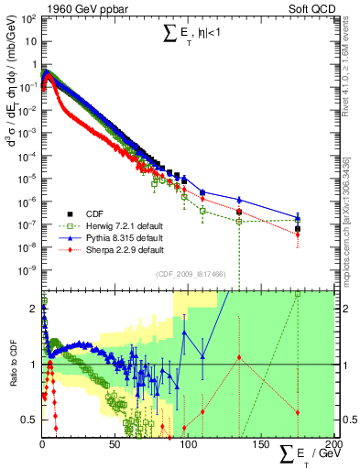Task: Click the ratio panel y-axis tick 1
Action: (34, 364)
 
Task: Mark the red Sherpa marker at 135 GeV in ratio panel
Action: (239, 357)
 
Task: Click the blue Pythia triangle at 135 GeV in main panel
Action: (239, 200)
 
